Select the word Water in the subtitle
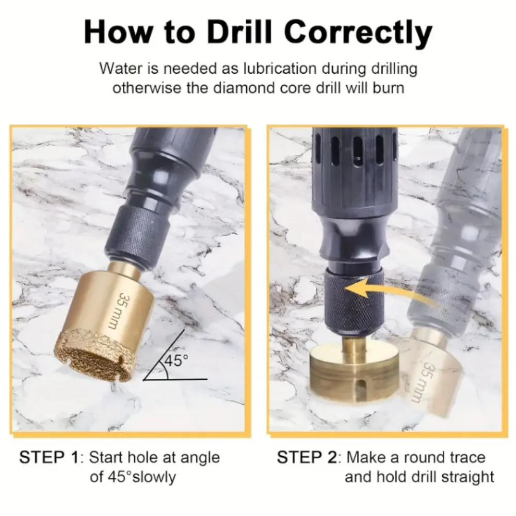[119, 68]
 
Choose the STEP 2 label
[307, 458]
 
